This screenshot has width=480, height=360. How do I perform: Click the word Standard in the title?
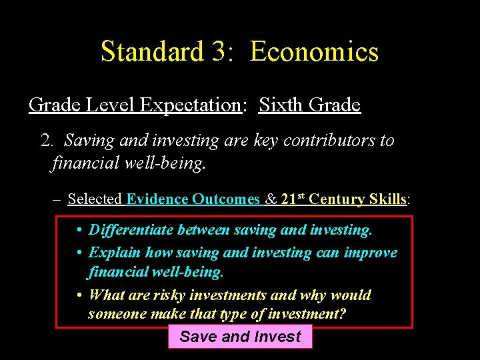click(x=152, y=51)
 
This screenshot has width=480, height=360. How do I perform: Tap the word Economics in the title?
click(x=314, y=51)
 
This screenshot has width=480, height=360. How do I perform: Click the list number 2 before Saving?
click(x=46, y=141)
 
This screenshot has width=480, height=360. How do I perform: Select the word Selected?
click(x=95, y=199)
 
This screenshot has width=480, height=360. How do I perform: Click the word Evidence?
click(x=157, y=199)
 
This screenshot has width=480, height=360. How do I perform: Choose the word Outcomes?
click(x=227, y=199)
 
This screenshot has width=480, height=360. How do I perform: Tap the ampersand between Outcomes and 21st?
click(x=271, y=199)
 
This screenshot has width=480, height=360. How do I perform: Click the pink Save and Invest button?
click(x=240, y=337)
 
